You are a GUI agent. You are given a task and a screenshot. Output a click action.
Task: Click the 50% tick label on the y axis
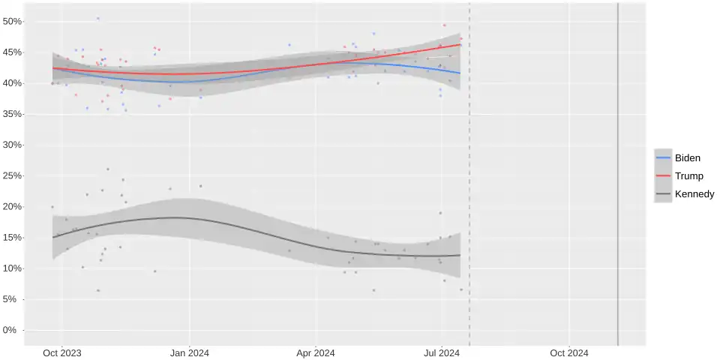(x=13, y=21)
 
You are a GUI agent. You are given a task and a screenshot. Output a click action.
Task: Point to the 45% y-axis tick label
(x=13, y=52)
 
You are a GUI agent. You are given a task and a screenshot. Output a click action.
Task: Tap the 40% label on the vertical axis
(x=13, y=83)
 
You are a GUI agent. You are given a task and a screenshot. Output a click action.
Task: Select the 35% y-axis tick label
(x=13, y=114)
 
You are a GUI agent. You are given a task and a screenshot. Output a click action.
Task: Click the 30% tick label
(x=13, y=145)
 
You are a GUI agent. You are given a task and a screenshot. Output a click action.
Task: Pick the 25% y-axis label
(x=13, y=175)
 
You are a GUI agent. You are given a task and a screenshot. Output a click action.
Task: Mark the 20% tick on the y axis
(x=13, y=207)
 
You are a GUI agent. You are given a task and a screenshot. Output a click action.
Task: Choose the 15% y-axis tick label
(x=13, y=238)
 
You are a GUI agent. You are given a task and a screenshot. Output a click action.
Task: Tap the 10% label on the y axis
(x=13, y=268)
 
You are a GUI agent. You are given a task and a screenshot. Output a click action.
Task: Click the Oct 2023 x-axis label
(x=62, y=352)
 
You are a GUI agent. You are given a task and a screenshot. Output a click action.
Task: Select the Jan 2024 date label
(x=189, y=352)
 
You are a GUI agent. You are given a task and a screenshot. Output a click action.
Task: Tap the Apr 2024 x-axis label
(x=316, y=352)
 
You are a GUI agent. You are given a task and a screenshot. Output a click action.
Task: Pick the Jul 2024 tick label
(x=442, y=352)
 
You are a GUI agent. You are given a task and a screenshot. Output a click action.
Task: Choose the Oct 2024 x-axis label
(x=568, y=352)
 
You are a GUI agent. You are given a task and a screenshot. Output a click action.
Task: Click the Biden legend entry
(x=687, y=158)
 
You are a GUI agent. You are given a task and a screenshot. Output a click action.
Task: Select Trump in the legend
(x=688, y=176)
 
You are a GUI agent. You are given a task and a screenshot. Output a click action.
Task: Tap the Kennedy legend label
(x=694, y=194)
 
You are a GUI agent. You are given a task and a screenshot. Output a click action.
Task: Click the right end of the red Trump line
(x=460, y=45)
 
